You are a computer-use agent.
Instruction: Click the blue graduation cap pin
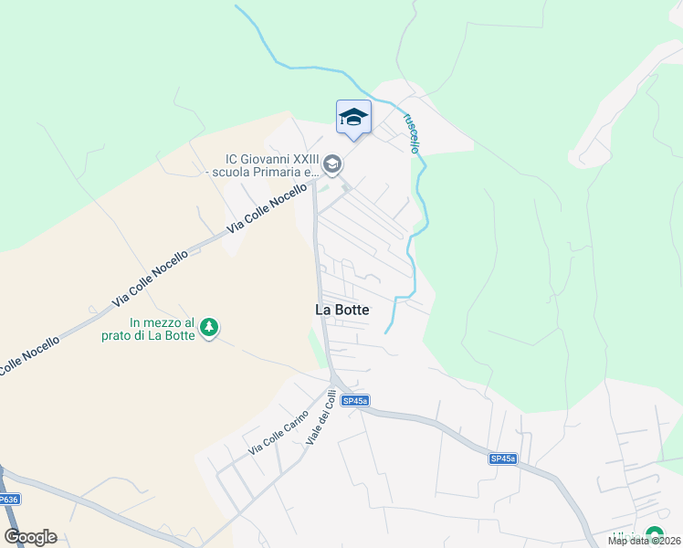(353, 119)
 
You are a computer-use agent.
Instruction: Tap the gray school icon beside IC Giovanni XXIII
(331, 163)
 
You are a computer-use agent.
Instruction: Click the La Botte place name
(342, 310)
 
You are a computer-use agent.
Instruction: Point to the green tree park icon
(209, 327)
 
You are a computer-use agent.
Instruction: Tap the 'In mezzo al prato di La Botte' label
(163, 329)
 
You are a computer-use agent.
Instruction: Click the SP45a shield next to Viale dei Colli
(355, 401)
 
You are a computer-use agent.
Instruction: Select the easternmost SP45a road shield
(502, 458)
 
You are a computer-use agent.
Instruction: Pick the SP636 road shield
(8, 500)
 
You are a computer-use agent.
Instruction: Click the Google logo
(30, 537)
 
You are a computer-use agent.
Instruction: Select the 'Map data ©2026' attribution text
(645, 541)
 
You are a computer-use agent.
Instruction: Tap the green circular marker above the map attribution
(654, 535)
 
